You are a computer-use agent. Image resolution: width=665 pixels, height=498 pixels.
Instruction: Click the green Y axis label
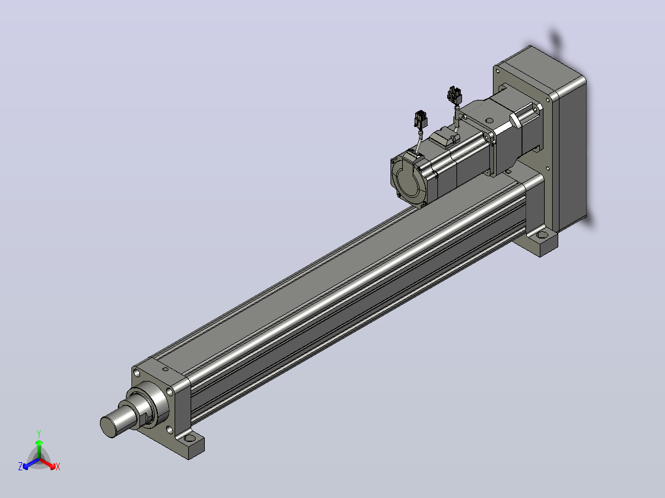click(x=39, y=433)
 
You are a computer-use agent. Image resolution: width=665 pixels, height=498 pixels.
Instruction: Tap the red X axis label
click(x=58, y=467)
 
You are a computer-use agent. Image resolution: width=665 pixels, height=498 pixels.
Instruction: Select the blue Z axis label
click(x=20, y=467)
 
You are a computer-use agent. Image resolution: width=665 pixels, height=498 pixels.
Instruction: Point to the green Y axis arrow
click(x=39, y=449)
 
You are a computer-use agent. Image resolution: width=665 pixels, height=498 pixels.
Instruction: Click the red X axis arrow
click(x=47, y=463)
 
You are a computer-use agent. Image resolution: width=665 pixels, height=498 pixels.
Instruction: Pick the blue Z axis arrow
click(x=31, y=463)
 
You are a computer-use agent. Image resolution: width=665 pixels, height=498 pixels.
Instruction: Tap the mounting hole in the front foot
click(x=190, y=438)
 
